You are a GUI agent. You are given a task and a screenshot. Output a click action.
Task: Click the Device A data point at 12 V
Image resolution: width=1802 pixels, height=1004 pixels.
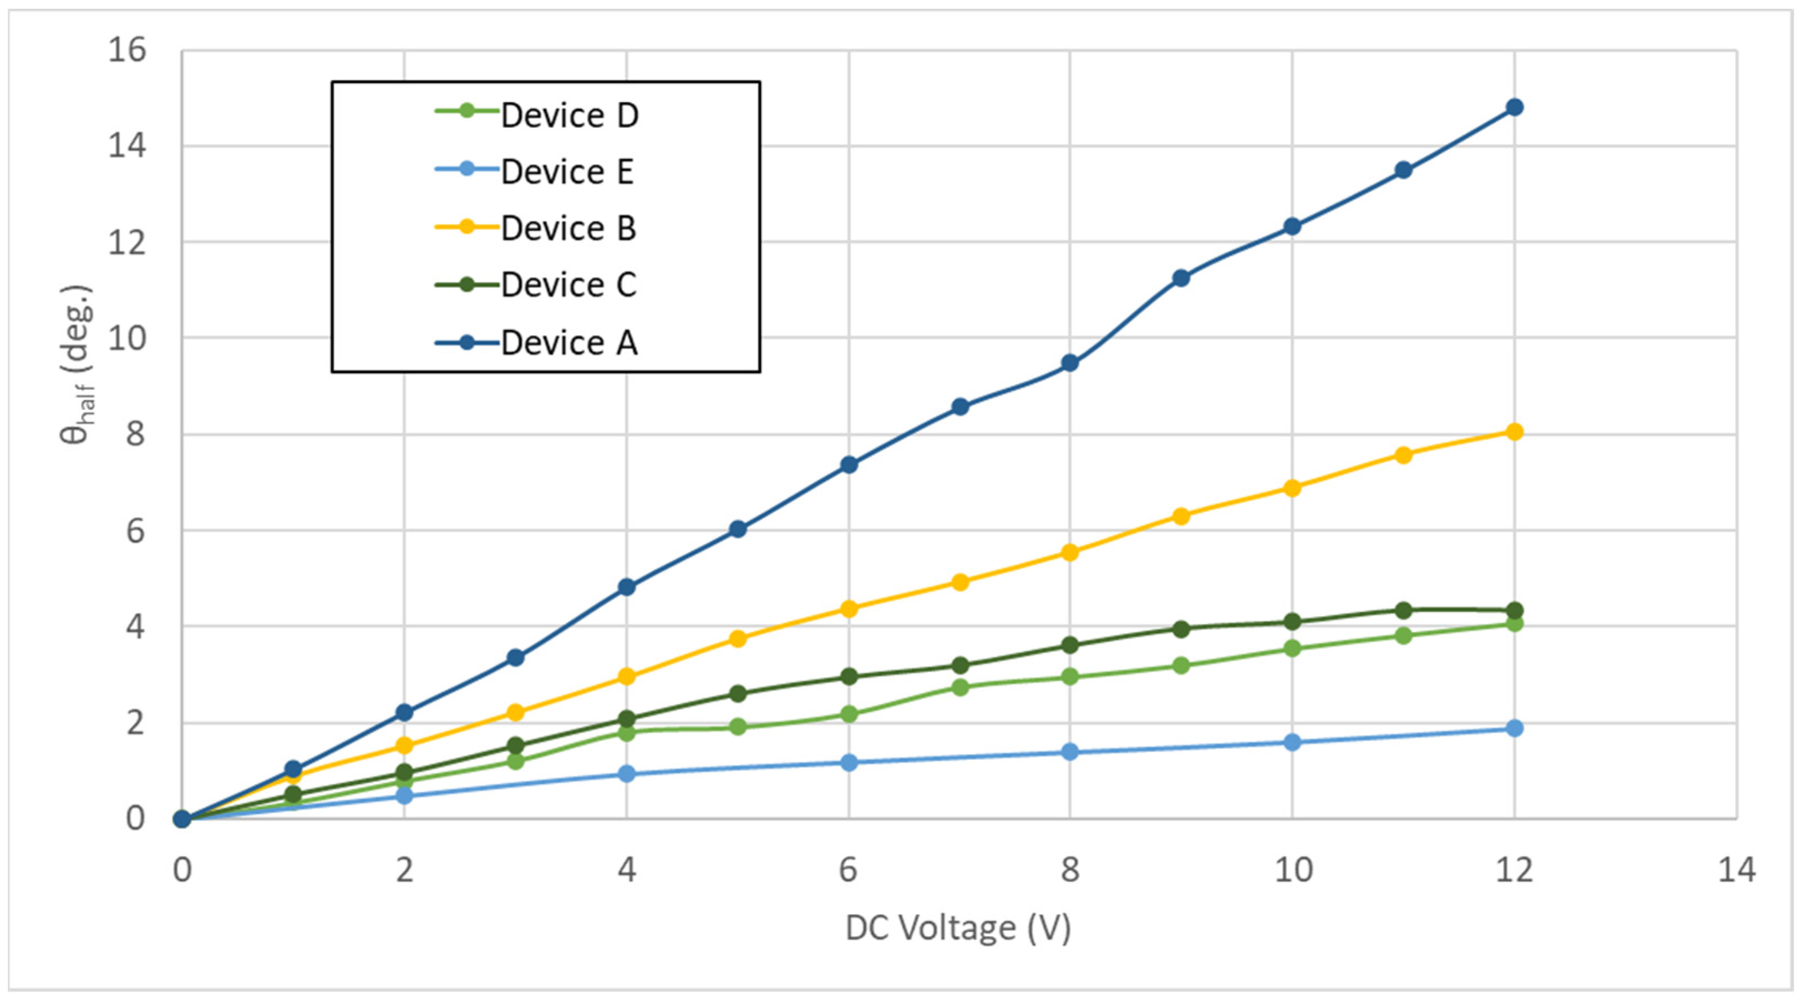(x=1514, y=107)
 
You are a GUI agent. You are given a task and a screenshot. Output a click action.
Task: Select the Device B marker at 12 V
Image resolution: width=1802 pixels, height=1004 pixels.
(x=1514, y=432)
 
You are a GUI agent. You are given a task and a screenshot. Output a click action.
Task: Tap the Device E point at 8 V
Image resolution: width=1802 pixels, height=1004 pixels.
(x=1069, y=752)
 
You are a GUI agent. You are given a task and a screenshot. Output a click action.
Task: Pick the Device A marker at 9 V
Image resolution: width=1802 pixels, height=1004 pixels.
(x=1181, y=278)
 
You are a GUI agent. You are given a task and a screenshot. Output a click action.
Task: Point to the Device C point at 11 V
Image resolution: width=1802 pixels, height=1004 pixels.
(x=1403, y=610)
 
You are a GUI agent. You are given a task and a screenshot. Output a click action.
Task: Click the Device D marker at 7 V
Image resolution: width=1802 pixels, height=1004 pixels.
(x=960, y=687)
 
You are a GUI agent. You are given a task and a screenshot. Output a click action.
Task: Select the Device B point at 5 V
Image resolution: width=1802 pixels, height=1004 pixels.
(x=737, y=638)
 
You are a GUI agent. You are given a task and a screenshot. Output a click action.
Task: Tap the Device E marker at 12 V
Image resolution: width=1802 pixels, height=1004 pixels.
(x=1514, y=728)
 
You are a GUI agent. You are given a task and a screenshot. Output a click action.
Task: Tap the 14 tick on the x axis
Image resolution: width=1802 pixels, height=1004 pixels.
(x=1736, y=870)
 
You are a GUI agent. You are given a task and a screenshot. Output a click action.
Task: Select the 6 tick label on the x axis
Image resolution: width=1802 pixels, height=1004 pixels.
(x=848, y=870)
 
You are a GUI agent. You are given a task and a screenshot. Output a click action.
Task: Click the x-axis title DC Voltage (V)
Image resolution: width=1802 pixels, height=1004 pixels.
(x=958, y=929)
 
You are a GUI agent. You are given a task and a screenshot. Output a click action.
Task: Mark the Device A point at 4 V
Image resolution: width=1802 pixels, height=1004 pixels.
(x=627, y=587)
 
